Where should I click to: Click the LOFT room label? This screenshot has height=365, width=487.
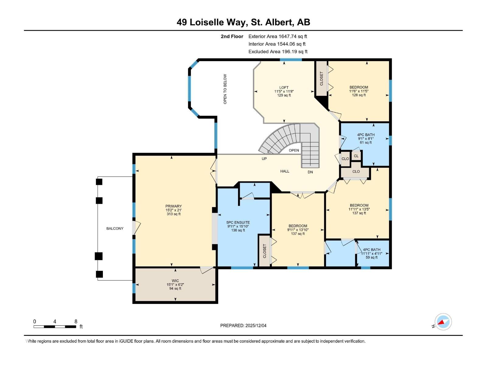pos(284,88)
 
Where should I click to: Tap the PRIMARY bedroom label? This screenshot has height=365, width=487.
pos(173,206)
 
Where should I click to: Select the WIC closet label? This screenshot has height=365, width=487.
pos(175,281)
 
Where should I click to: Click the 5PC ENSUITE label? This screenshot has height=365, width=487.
pos(238,223)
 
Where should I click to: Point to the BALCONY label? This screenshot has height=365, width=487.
pos(115,228)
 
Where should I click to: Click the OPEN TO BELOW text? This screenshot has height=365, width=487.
pos(225,89)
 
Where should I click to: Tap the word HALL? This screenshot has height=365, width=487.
pos(285,171)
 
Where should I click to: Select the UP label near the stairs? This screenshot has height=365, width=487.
pos(264,159)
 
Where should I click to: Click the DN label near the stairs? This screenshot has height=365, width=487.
pos(310,172)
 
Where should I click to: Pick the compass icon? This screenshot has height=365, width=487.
pos(443,322)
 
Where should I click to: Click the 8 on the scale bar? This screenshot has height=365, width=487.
pos(76,322)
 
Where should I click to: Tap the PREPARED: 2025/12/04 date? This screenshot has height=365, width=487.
pos(243,325)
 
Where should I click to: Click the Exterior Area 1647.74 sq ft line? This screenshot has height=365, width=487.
pos(278,36)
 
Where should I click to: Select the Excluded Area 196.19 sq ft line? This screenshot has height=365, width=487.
pos(278,51)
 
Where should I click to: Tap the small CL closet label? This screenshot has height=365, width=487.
pos(356,156)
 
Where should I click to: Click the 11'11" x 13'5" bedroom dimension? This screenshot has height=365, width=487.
pos(359,209)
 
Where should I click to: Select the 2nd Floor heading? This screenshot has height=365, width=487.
pos(232,36)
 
